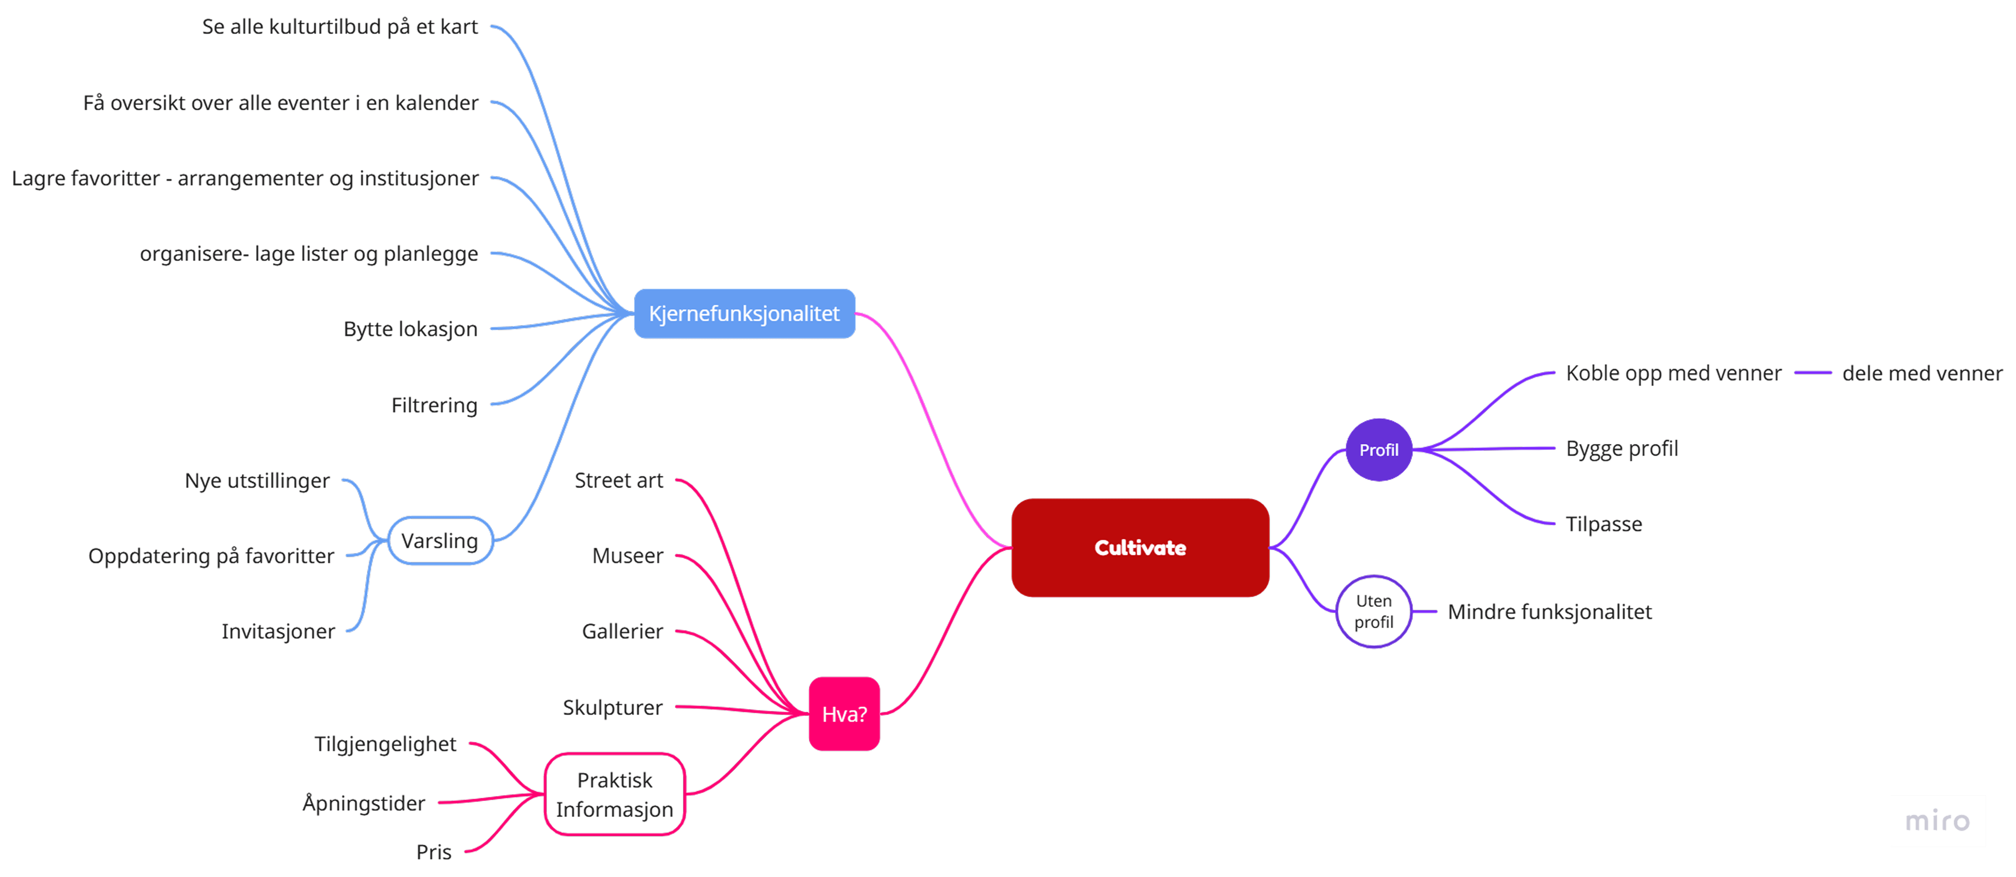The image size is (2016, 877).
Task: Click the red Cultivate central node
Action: click(1140, 548)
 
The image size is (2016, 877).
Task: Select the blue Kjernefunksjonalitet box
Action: click(744, 314)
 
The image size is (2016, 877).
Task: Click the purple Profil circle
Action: click(1378, 450)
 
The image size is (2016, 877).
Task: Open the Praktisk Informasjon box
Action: click(614, 794)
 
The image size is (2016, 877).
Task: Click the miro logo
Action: click(1937, 821)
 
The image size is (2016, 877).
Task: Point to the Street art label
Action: click(618, 480)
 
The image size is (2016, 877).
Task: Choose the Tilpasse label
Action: click(1604, 524)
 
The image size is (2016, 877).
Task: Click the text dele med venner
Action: click(1922, 373)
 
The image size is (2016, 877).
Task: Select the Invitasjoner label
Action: click(278, 631)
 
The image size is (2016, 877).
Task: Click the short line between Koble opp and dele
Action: click(1813, 373)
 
